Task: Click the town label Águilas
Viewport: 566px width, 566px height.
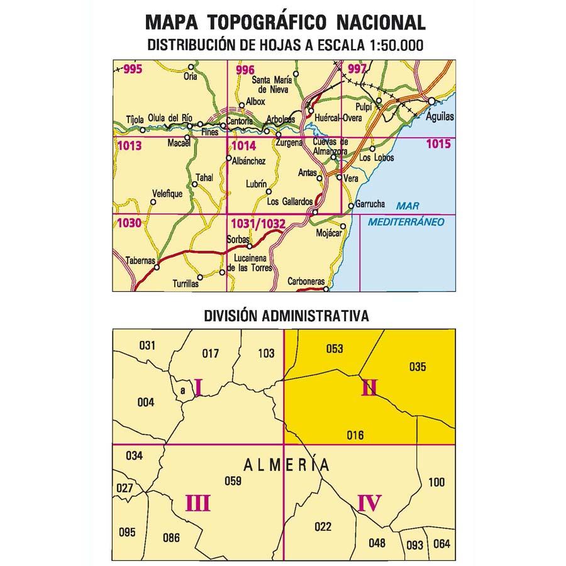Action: (439, 117)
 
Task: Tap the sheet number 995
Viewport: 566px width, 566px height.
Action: (133, 70)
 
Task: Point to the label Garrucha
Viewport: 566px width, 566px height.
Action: (370, 204)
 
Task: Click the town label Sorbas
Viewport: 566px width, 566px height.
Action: (239, 240)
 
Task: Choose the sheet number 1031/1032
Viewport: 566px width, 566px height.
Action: (258, 223)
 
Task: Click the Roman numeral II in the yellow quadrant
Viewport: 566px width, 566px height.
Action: (369, 389)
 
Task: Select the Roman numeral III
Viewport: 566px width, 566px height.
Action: (197, 503)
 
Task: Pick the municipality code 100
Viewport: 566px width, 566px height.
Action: (436, 483)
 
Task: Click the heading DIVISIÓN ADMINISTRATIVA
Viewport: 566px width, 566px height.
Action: (286, 316)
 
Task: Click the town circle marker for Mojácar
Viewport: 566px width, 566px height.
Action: (343, 226)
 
